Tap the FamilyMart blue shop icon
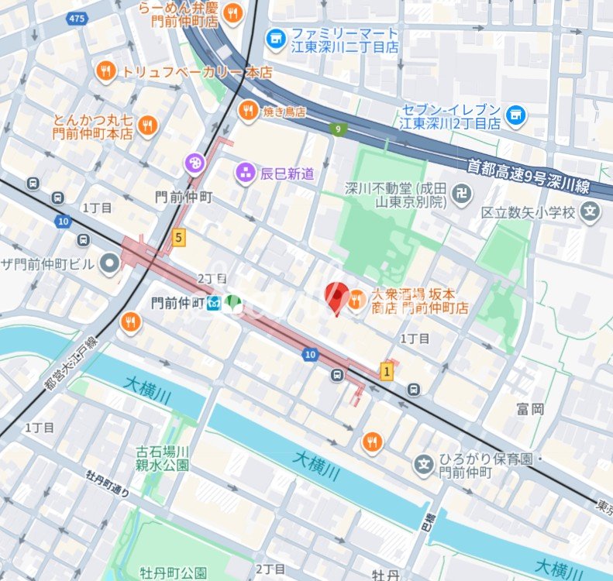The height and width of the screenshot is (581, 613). pyautogui.click(x=275, y=38)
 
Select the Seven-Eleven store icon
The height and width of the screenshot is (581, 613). pyautogui.click(x=515, y=116)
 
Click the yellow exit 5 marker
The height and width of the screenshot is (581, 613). pyautogui.click(x=179, y=238)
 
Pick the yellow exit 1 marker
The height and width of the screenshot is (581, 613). pyautogui.click(x=387, y=372)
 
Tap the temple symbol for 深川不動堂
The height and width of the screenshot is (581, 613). pyautogui.click(x=462, y=193)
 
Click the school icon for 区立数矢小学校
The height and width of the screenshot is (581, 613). pyautogui.click(x=591, y=211)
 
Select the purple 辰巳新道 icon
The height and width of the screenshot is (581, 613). pyautogui.click(x=246, y=173)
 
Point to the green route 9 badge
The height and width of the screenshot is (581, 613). pyautogui.click(x=337, y=129)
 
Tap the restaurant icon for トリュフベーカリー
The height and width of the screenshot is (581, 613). pyautogui.click(x=106, y=72)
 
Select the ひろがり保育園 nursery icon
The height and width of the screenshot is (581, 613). pyautogui.click(x=424, y=464)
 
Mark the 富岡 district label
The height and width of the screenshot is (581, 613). pyautogui.click(x=531, y=408)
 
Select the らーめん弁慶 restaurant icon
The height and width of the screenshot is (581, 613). pyautogui.click(x=233, y=13)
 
